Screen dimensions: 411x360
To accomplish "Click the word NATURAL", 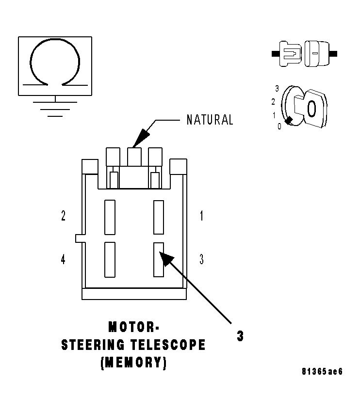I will (210, 120).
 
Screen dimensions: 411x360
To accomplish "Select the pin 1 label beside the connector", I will (201, 216).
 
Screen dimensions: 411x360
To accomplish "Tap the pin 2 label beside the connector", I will (64, 216).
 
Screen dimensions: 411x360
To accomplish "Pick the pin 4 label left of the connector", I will (64, 260).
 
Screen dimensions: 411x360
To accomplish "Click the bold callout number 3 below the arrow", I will (240, 336).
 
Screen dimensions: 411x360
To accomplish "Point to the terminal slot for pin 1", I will (158, 216).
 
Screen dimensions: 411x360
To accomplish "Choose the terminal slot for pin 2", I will (110, 216).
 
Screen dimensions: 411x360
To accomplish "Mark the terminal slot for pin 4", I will (110, 259).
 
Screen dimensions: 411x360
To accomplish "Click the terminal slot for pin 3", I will (158, 259).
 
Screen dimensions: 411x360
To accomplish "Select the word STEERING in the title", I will (91, 345).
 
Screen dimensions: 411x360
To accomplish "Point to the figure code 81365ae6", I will (322, 372).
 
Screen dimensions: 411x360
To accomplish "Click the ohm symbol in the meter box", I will (55, 63).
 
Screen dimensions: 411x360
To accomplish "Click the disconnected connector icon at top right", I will (305, 53).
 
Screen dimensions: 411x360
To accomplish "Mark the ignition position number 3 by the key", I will (277, 89).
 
